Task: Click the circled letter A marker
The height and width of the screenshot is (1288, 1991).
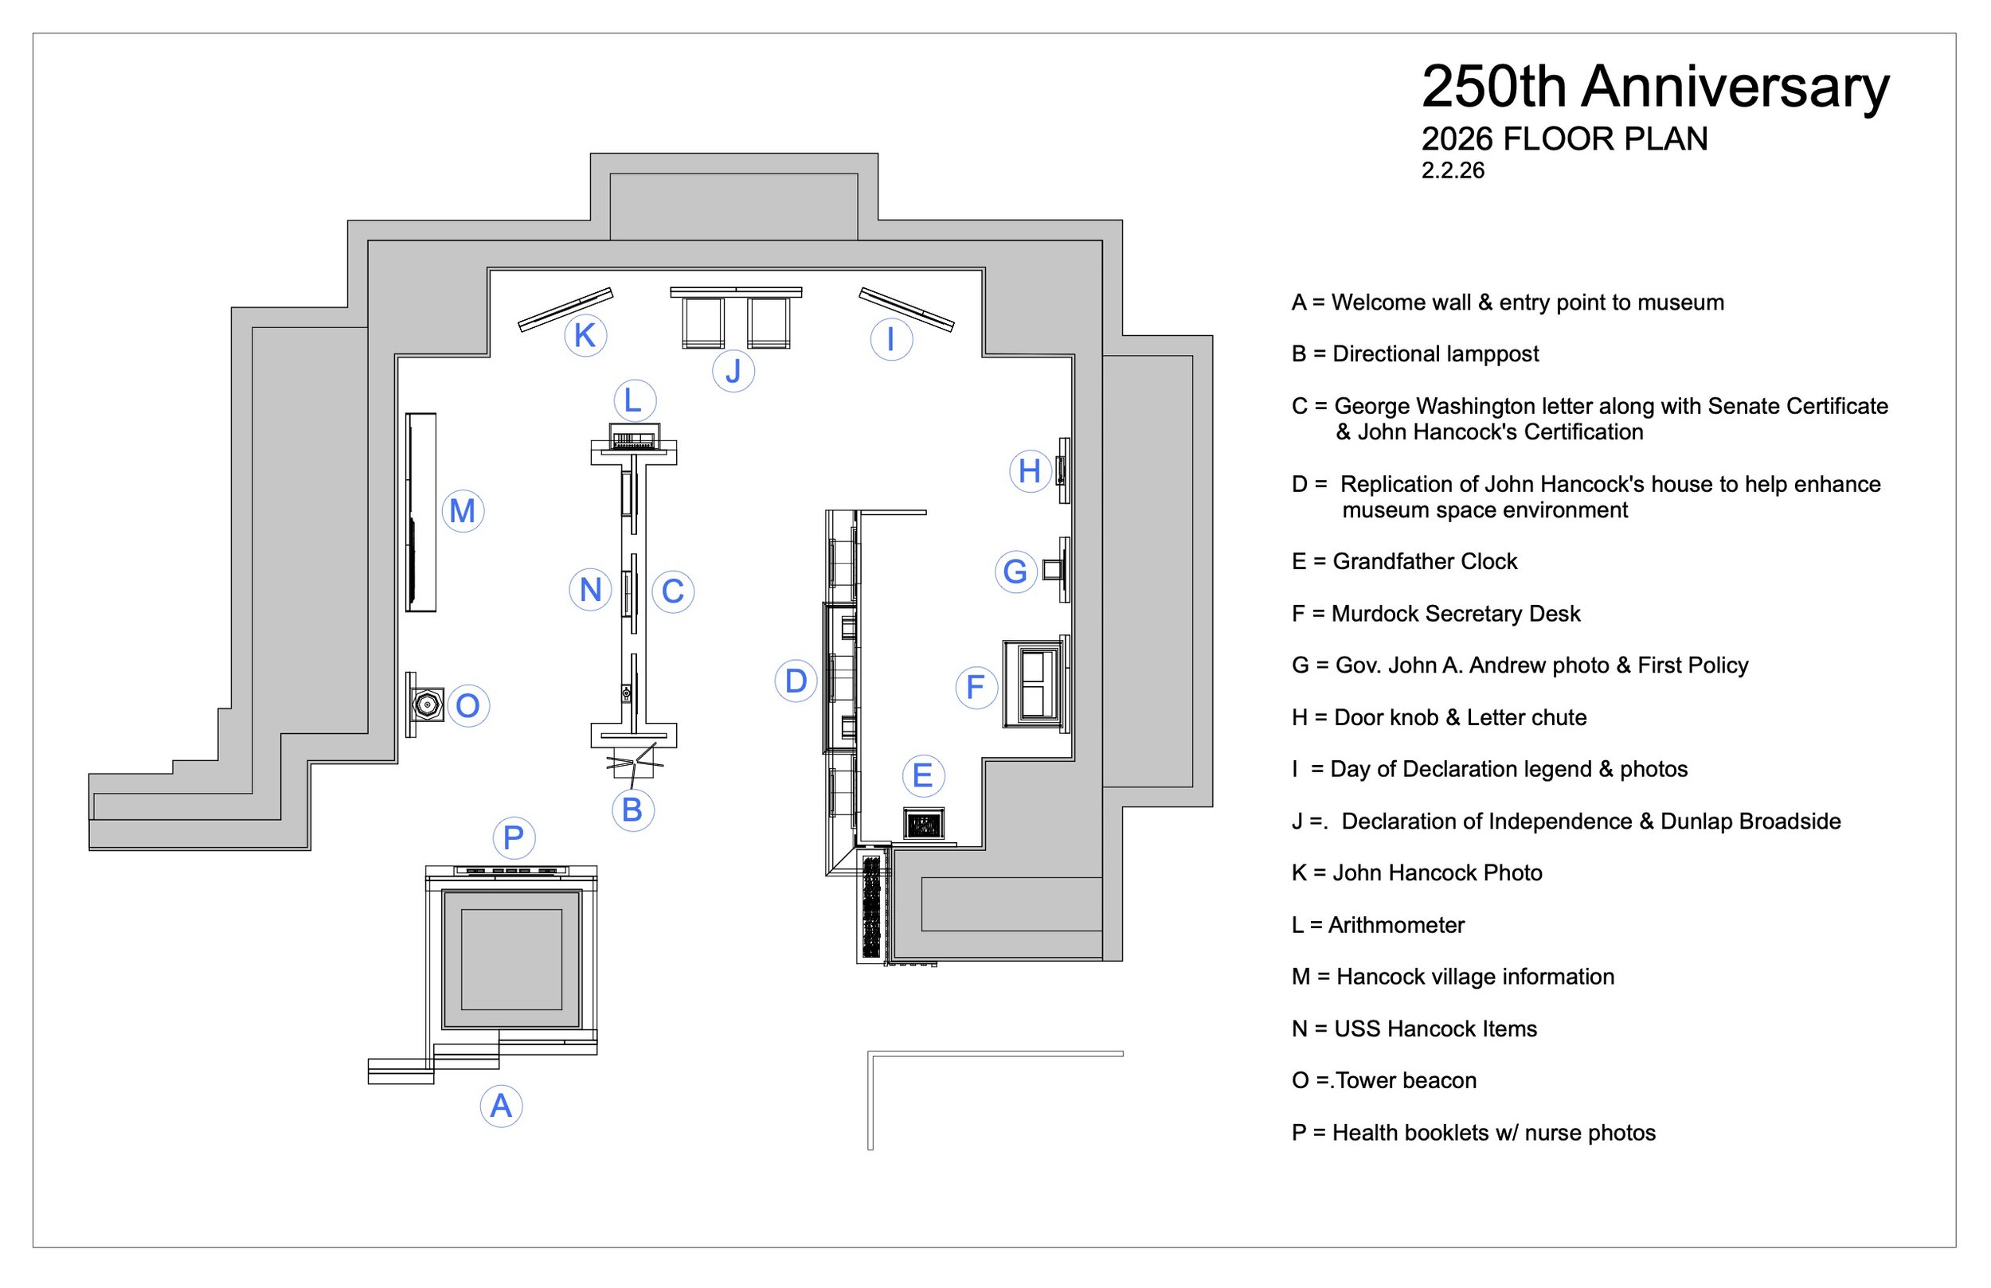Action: [x=501, y=1107]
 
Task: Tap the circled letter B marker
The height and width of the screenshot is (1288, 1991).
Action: [x=632, y=810]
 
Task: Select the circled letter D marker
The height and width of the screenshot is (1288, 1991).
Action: [x=796, y=681]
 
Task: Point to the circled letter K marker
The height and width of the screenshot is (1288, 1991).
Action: [x=585, y=335]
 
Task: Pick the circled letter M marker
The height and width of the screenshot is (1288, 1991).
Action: [x=463, y=511]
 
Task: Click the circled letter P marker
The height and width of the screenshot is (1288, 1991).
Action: [x=514, y=837]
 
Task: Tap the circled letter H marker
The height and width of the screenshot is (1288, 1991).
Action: [x=1030, y=471]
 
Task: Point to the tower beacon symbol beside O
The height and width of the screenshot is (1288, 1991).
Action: [x=428, y=704]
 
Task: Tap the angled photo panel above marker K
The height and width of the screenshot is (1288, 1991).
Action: [x=565, y=310]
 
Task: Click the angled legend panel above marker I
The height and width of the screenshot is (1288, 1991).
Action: [x=906, y=309]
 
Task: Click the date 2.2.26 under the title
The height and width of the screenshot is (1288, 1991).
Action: [x=1453, y=170]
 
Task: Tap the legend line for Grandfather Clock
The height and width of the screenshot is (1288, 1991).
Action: [x=1404, y=561]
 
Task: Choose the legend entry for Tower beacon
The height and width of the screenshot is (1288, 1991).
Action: [x=1383, y=1080]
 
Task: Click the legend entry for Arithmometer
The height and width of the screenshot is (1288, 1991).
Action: [x=1378, y=925]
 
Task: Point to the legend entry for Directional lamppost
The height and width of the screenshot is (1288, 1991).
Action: [x=1414, y=353]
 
